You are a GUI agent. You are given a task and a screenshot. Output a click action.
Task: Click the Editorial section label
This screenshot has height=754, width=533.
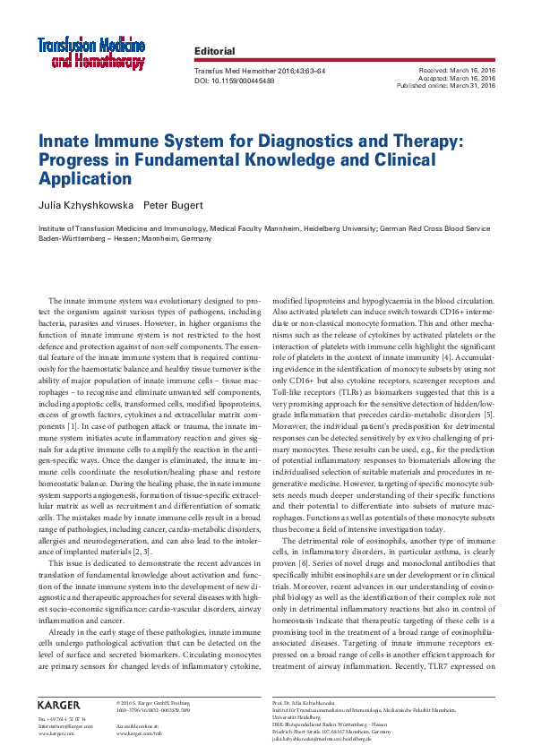tap(214, 52)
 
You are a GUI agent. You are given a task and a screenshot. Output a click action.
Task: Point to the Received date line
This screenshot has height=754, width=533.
tap(457, 70)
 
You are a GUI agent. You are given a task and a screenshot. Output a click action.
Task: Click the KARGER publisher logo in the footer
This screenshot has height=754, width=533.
tap(59, 705)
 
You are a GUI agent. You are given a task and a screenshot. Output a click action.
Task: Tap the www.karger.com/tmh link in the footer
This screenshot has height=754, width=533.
tap(139, 733)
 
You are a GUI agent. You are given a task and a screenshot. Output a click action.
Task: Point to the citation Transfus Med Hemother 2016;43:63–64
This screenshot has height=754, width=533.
tap(260, 70)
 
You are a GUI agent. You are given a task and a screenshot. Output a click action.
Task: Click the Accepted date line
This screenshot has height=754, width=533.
tap(457, 78)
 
